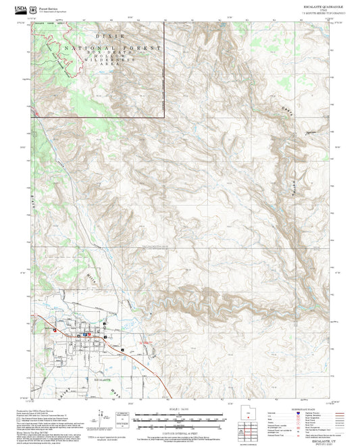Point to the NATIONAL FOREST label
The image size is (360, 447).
pos(112,48)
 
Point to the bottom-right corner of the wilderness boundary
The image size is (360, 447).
pos(164,117)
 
